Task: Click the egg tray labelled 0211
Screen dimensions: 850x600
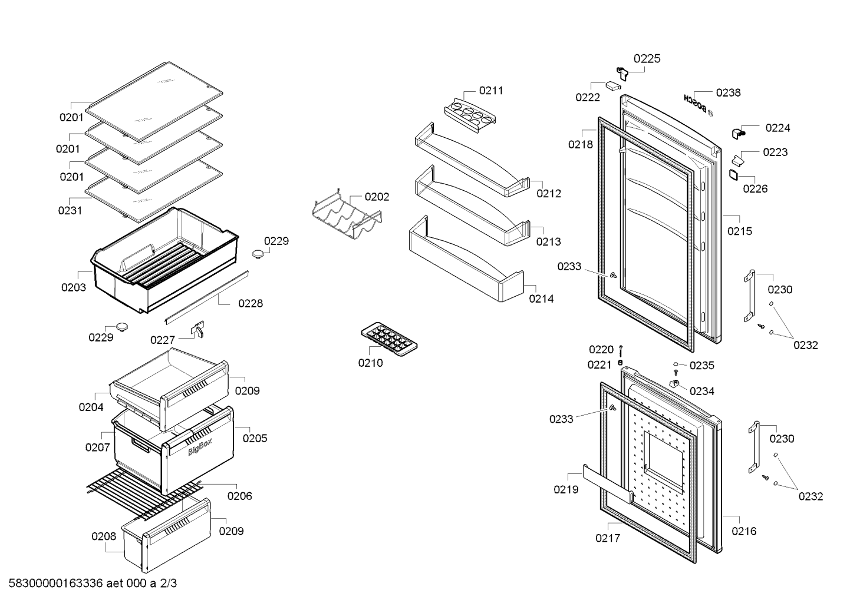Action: pyautogui.click(x=470, y=115)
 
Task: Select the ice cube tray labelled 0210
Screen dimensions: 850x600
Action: pyautogui.click(x=389, y=339)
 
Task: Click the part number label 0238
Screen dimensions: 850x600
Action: pyautogui.click(x=728, y=92)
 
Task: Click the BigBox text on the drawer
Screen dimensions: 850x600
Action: pyautogui.click(x=200, y=447)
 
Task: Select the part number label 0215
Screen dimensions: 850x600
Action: pyautogui.click(x=740, y=231)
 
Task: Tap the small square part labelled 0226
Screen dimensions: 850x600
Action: pyautogui.click(x=733, y=175)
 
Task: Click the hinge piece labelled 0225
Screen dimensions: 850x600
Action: pyautogui.click(x=622, y=73)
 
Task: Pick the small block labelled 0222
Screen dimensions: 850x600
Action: pyautogui.click(x=613, y=85)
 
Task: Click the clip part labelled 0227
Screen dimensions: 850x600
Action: pyautogui.click(x=198, y=329)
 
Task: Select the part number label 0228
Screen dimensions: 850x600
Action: pyautogui.click(x=251, y=303)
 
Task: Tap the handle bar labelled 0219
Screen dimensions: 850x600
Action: pyautogui.click(x=607, y=486)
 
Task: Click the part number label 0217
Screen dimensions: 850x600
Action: pyautogui.click(x=608, y=538)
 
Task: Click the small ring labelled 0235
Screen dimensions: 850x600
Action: pyautogui.click(x=676, y=364)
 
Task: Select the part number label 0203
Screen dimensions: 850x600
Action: pyautogui.click(x=74, y=287)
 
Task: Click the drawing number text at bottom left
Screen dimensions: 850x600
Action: pyautogui.click(x=93, y=583)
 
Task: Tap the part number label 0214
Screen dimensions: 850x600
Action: pyautogui.click(x=541, y=299)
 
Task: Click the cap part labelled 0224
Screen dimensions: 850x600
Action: pyautogui.click(x=737, y=133)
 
